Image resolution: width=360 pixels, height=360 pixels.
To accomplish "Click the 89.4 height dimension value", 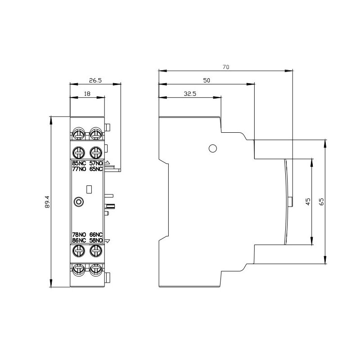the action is (x=47, y=202).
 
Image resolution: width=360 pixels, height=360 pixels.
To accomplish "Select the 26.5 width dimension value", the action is (x=95, y=81).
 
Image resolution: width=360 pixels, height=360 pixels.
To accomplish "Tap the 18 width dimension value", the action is (x=87, y=94).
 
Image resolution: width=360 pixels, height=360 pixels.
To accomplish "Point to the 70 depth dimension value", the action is (x=226, y=67).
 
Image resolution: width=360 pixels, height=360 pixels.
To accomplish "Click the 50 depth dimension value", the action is (x=207, y=81).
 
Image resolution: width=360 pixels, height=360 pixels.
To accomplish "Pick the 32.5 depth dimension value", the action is (x=190, y=94).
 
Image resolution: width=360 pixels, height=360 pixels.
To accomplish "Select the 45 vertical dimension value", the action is (x=308, y=202).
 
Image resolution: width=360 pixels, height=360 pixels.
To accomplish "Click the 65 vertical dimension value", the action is (x=322, y=202).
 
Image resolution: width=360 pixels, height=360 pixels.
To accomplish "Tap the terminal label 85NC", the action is (x=79, y=163).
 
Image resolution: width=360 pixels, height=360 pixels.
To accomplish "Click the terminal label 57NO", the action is (x=96, y=163).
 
